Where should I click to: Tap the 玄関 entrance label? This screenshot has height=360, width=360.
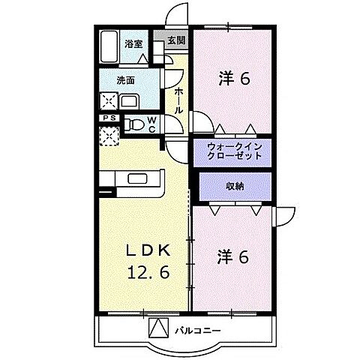[x=176, y=41]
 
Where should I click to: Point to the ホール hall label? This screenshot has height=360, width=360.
[x=178, y=100]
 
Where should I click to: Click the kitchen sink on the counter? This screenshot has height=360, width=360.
[x=140, y=180]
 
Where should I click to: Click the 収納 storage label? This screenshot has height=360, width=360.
[x=233, y=185]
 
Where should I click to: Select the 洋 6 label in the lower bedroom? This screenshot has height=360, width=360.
[x=233, y=257]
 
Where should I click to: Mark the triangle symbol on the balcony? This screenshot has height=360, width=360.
[x=160, y=328]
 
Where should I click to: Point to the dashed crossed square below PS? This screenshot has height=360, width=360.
[x=109, y=136]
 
